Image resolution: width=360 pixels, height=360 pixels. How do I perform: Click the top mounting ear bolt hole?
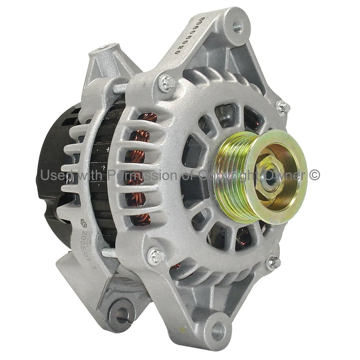(x=237, y=26)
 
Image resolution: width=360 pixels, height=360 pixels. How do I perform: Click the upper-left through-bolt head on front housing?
(x=167, y=83)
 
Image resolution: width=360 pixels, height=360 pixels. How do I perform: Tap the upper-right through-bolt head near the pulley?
(x=282, y=108)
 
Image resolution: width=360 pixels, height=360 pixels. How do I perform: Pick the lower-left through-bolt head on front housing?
(x=155, y=257)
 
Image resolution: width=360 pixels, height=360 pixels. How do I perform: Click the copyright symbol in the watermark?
(x=315, y=175)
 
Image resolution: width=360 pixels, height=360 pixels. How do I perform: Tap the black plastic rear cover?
(x=56, y=157)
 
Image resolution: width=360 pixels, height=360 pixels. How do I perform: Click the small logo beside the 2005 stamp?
(x=83, y=224)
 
